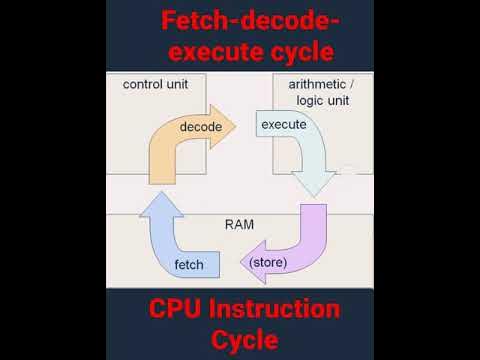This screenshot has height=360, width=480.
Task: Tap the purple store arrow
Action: click(x=300, y=245)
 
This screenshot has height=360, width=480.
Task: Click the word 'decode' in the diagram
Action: click(x=201, y=127)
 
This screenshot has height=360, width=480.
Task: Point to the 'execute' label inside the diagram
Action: click(x=283, y=125)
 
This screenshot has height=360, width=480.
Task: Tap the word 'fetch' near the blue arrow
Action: click(x=189, y=265)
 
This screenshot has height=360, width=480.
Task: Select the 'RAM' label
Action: click(x=239, y=225)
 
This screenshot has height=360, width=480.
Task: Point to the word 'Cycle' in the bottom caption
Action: click(x=239, y=341)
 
